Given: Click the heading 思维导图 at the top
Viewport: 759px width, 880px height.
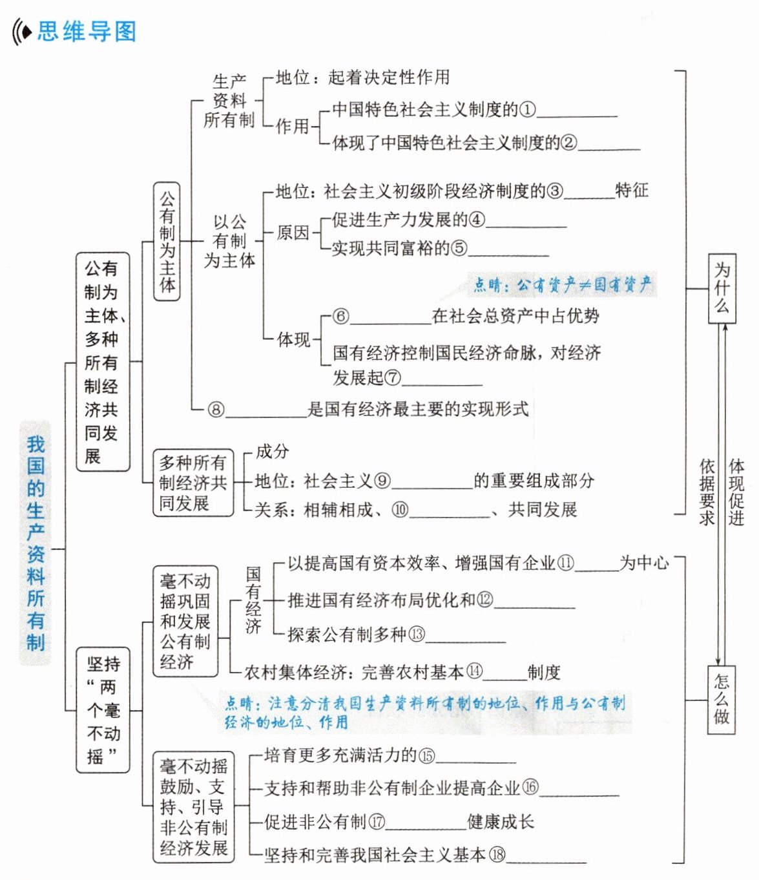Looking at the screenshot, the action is click(x=87, y=31).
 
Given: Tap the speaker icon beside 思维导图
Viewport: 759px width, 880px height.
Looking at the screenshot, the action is click(x=22, y=31).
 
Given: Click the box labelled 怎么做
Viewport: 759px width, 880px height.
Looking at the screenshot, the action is click(x=722, y=699).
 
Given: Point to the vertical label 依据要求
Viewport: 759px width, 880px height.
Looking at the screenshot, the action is click(x=707, y=492).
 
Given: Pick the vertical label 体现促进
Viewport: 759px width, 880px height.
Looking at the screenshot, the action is click(x=736, y=492).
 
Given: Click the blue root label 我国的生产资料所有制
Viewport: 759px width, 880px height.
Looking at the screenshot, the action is click(x=36, y=543).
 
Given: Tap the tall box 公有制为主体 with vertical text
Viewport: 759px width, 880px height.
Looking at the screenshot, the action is click(x=167, y=242).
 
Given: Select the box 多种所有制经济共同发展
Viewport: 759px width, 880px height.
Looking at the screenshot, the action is click(x=192, y=483).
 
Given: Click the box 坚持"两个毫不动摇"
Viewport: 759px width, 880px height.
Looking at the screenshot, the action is click(x=103, y=709).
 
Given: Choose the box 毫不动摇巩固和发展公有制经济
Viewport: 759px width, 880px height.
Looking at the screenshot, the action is click(x=185, y=621).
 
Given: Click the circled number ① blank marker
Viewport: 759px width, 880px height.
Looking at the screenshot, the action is click(x=528, y=110).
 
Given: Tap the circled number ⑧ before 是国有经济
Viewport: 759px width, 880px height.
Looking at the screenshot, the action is click(x=216, y=410).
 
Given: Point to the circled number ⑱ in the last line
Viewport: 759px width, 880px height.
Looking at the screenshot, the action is click(x=497, y=855).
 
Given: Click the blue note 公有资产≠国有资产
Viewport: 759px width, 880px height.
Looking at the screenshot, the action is click(x=562, y=284).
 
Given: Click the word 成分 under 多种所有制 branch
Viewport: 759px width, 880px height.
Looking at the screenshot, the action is click(x=272, y=452).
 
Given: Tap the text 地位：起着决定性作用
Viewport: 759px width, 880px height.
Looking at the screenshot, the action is click(x=362, y=78).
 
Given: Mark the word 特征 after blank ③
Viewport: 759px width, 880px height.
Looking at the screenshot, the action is click(x=631, y=191).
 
